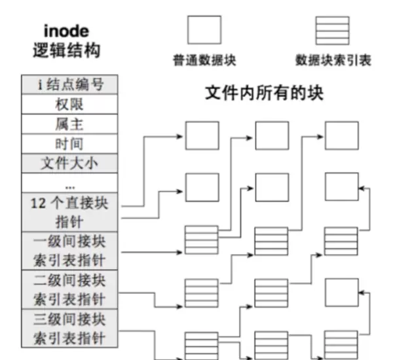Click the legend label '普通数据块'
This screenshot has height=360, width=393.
204,61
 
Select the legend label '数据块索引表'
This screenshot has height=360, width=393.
333,61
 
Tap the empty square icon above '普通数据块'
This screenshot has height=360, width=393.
204,30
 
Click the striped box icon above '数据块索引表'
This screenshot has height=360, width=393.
333,30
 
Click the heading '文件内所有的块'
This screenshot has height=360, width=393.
265,94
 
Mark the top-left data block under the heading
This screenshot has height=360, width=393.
202,135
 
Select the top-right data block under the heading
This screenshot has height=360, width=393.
341,135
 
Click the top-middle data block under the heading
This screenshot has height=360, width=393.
271,135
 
